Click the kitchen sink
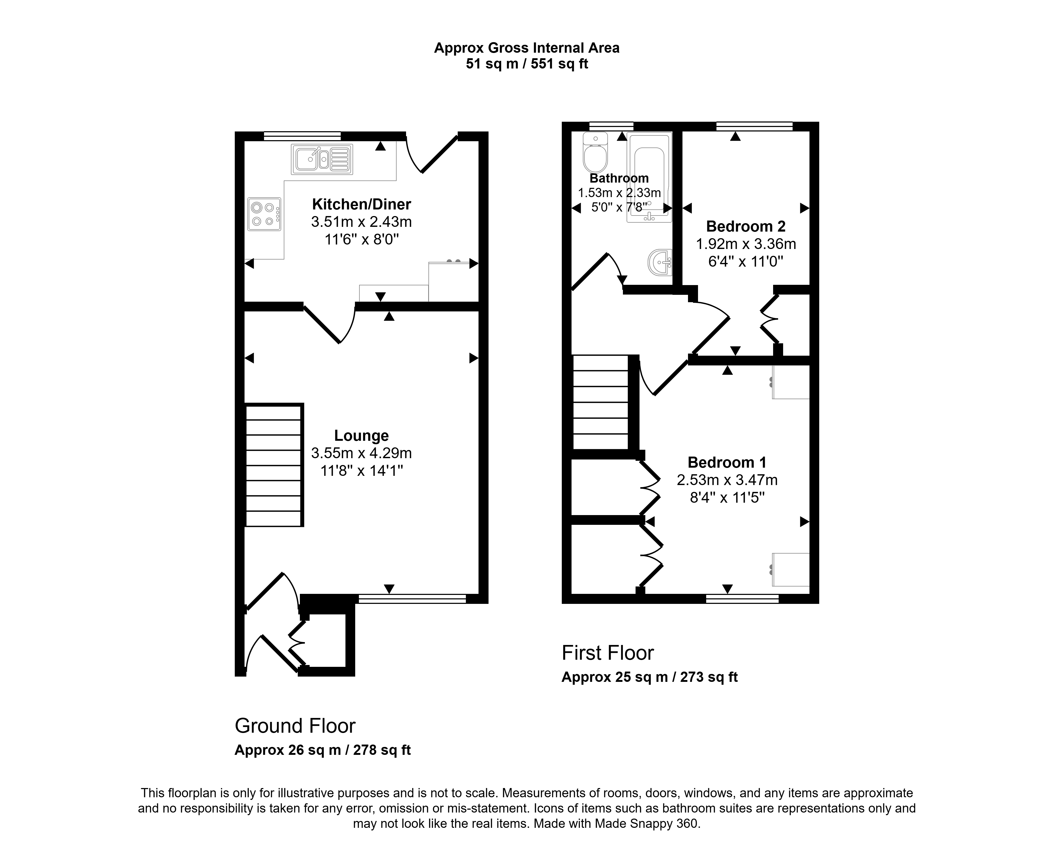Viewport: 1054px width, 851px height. coord(321,159)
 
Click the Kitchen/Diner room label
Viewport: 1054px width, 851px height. coord(361,204)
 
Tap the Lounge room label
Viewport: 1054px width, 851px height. coord(361,435)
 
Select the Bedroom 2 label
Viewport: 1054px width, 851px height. coord(746,227)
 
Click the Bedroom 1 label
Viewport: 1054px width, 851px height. coord(727,462)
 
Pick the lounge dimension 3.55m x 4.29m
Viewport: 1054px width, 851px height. coord(361,453)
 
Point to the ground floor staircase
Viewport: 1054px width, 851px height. coord(274,465)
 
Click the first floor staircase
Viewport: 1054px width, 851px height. coord(601,403)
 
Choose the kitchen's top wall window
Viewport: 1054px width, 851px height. coord(302,136)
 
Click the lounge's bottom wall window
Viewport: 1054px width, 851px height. coord(412,599)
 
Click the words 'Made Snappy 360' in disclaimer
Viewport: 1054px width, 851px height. coord(647,824)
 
